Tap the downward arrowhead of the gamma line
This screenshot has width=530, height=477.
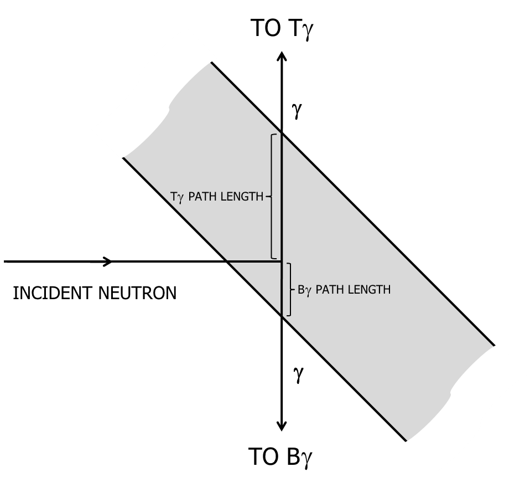click(282, 427)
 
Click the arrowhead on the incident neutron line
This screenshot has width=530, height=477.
click(108, 261)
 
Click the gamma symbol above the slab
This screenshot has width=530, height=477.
click(297, 111)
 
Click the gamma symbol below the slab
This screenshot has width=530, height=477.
click(298, 375)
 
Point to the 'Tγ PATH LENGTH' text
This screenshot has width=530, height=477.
click(217, 196)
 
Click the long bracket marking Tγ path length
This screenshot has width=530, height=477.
click(272, 196)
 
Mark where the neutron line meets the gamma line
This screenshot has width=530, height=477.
click(282, 261)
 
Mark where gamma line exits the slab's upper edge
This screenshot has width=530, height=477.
click(282, 134)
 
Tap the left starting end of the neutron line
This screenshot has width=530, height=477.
click(5, 261)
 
